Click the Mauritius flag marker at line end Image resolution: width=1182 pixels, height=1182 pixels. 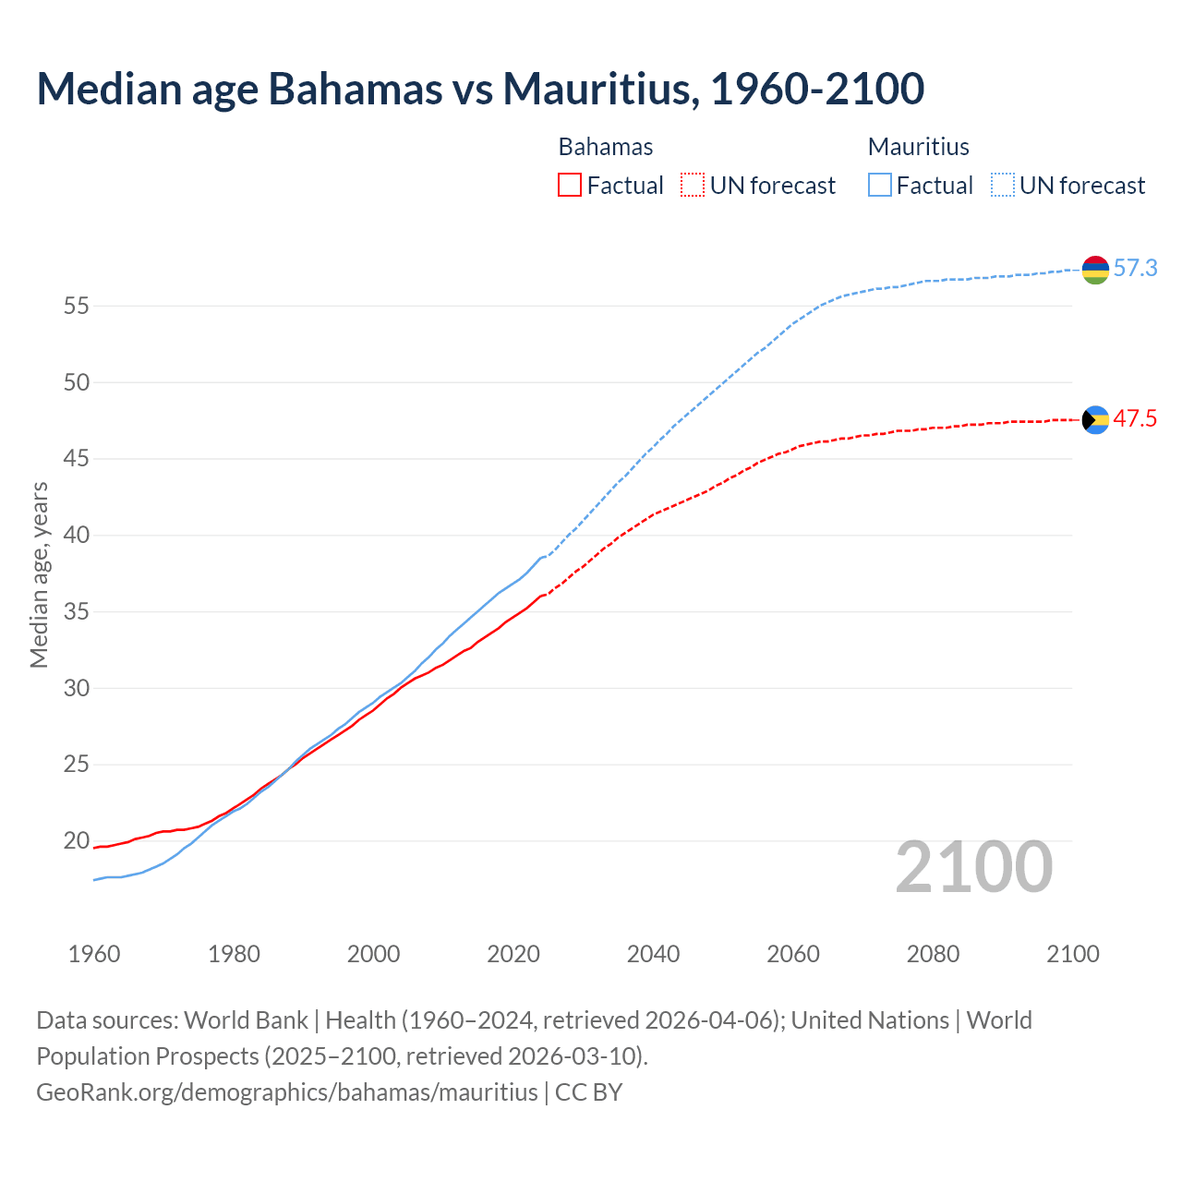pyautogui.click(x=1095, y=270)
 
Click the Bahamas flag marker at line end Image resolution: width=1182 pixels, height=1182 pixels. pyautogui.click(x=1095, y=420)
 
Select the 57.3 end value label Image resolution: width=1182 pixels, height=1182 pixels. pyautogui.click(x=1135, y=269)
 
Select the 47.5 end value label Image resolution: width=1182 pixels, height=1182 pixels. pyautogui.click(x=1135, y=419)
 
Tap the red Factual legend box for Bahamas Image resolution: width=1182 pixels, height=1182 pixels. pyautogui.click(x=570, y=186)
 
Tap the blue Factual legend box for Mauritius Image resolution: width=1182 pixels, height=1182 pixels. pyautogui.click(x=880, y=186)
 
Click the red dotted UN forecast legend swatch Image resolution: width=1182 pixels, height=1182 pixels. pyautogui.click(x=693, y=186)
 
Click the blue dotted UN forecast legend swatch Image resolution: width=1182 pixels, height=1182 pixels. pyautogui.click(x=1003, y=186)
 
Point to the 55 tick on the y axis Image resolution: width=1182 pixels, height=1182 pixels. pyautogui.click(x=76, y=306)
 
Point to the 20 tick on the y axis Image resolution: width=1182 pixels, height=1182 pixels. pyautogui.click(x=76, y=841)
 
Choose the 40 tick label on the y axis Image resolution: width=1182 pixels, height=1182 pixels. pyautogui.click(x=76, y=536)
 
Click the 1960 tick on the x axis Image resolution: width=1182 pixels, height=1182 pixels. pyautogui.click(x=94, y=954)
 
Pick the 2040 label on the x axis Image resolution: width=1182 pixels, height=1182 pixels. pyautogui.click(x=653, y=954)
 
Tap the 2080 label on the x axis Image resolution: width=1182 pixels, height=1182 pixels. pyautogui.click(x=933, y=954)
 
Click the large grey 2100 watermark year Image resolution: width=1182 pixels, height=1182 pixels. pyautogui.click(x=973, y=867)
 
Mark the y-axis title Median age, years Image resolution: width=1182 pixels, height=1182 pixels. pyautogui.click(x=39, y=574)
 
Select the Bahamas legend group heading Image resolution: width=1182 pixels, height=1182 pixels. pyautogui.click(x=606, y=147)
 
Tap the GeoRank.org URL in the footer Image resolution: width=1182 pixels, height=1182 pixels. pyautogui.click(x=286, y=1092)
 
